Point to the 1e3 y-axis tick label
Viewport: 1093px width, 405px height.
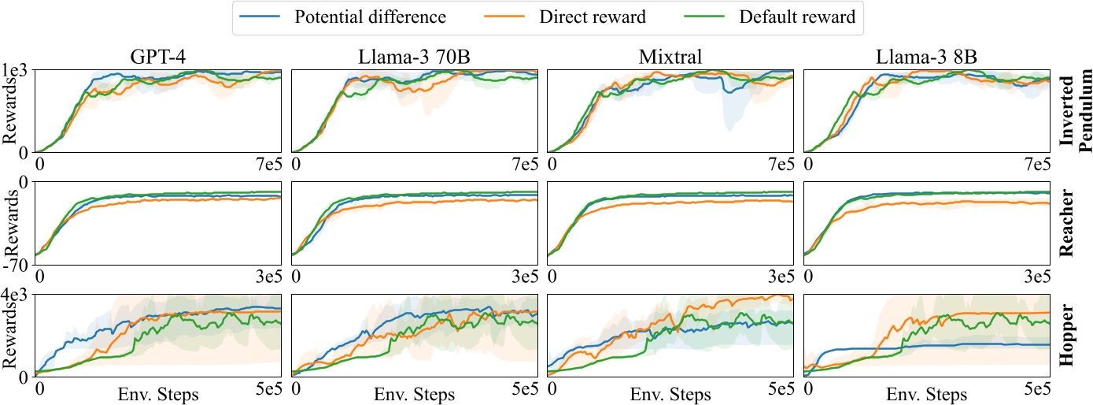pyautogui.click(x=16, y=70)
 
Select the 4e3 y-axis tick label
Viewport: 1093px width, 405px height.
pyautogui.click(x=16, y=295)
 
